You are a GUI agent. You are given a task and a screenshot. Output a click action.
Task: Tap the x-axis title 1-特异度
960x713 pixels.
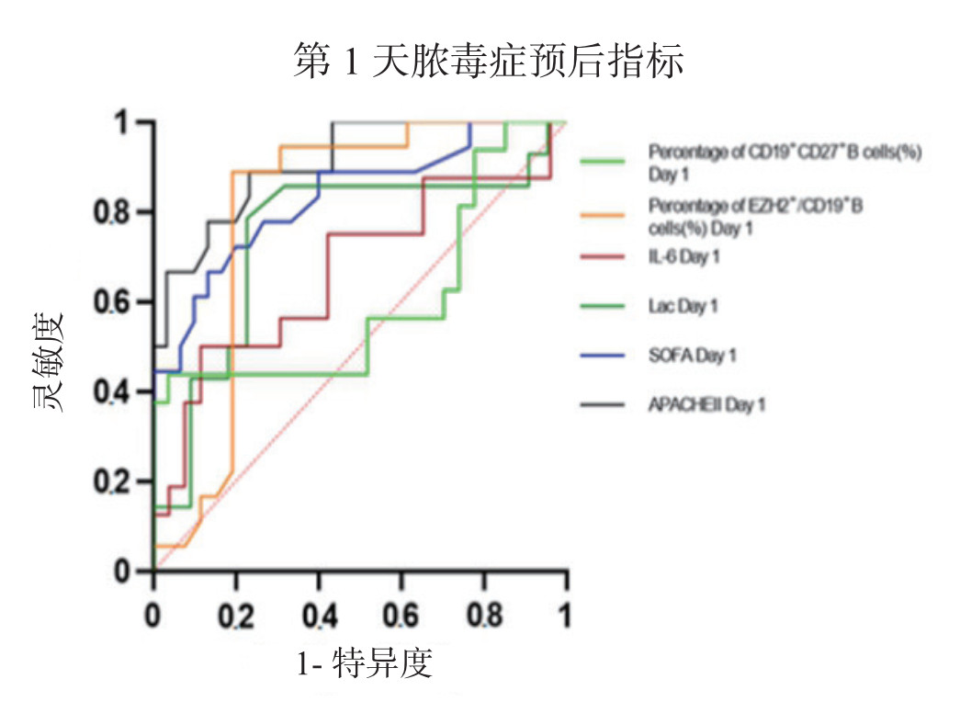[x=364, y=664]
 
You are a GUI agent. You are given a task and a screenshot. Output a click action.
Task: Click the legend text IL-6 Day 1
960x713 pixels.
[x=683, y=257]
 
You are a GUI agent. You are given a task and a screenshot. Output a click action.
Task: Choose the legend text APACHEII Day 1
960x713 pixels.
[x=706, y=404]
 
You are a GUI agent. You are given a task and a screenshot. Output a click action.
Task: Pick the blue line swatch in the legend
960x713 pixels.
[x=603, y=355]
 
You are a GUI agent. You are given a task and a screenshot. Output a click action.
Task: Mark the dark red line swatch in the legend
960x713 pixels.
[x=603, y=257]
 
